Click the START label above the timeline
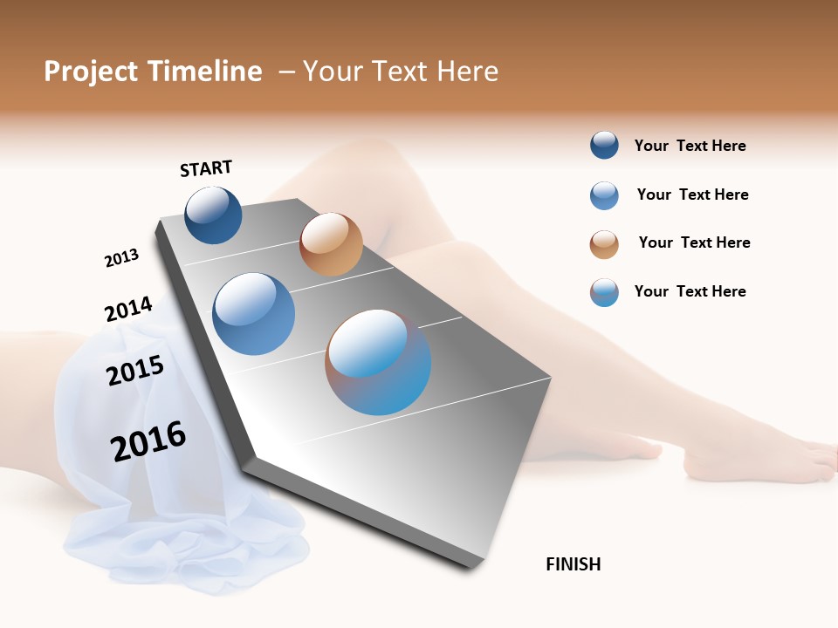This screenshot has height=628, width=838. (x=206, y=168)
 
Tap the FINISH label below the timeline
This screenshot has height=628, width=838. (x=573, y=564)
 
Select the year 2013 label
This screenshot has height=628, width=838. (x=121, y=258)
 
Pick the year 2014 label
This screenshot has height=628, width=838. (x=128, y=309)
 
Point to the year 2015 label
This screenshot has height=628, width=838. (x=135, y=371)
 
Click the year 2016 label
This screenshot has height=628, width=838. (x=148, y=440)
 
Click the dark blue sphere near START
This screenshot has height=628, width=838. (x=213, y=215)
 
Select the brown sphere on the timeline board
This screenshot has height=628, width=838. (x=331, y=244)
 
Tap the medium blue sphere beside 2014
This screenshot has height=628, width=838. (x=254, y=314)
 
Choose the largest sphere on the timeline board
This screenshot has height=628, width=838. (x=378, y=362)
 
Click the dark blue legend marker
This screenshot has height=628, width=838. (x=604, y=146)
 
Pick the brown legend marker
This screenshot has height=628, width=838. (x=604, y=244)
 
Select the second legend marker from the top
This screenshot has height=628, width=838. (x=604, y=195)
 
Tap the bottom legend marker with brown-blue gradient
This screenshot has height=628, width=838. (x=604, y=292)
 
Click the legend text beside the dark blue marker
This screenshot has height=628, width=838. (x=690, y=147)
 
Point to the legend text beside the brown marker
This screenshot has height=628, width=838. (x=694, y=242)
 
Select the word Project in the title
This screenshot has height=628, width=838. (x=92, y=72)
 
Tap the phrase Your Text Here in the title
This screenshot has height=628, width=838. (x=401, y=72)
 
